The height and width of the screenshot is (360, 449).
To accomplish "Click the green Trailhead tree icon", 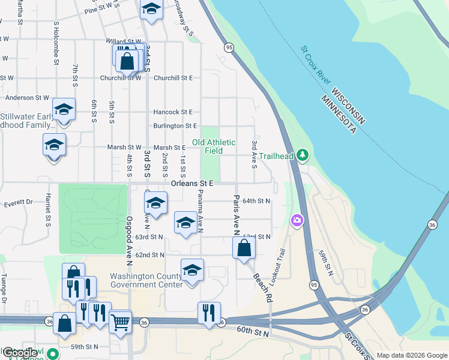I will coord(303,156).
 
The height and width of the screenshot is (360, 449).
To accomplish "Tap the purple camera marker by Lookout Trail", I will coord(297,221).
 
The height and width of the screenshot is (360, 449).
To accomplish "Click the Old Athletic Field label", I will coord(214,146).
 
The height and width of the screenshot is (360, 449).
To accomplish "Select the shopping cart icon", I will coord(121,322).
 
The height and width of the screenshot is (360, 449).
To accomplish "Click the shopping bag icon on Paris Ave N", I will coord(243,248).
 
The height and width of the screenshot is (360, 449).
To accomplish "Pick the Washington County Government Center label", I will coord(146,280).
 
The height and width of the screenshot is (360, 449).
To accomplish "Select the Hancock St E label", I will coord(173,112).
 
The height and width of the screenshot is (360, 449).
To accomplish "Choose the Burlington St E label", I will coord(175,126).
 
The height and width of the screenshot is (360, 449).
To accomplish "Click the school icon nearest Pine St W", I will coord(151,9).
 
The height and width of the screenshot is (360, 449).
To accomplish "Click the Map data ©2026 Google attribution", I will coord(411,355).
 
